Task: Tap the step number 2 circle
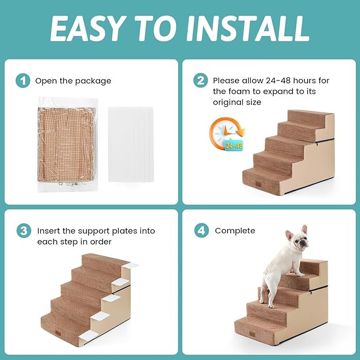coord(201,81)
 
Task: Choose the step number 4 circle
coord(201,231)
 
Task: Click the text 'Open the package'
coord(73,81)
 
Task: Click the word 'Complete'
coord(235,231)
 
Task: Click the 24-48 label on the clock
coord(233,145)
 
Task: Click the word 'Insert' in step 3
coord(47,231)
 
